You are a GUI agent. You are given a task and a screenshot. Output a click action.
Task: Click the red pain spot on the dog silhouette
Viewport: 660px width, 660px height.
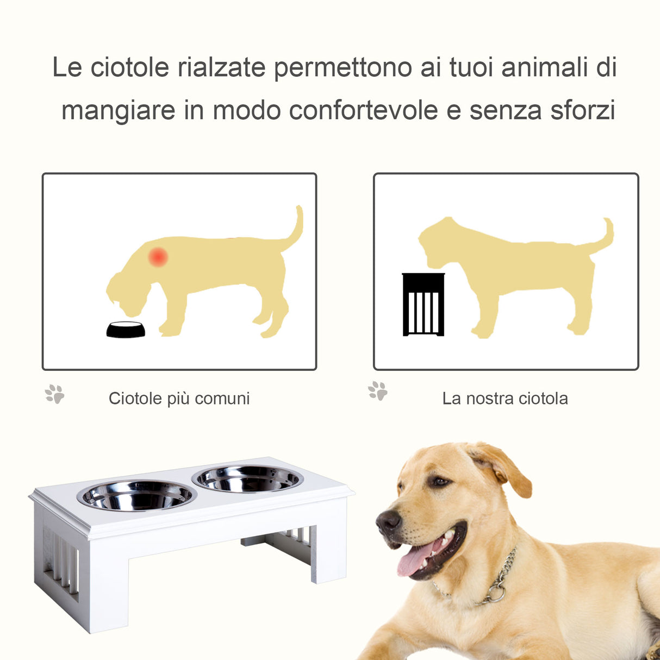click(x=158, y=257)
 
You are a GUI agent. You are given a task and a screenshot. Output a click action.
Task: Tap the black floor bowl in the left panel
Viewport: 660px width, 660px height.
click(x=126, y=330)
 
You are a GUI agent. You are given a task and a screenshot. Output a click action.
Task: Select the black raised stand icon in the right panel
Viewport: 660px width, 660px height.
click(x=423, y=305)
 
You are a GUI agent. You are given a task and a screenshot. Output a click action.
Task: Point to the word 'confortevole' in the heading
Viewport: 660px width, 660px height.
click(x=363, y=110)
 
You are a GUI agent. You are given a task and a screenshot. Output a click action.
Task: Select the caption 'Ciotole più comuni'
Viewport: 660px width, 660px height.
click(x=179, y=399)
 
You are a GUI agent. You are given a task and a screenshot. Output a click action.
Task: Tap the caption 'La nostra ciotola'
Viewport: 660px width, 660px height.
click(x=505, y=399)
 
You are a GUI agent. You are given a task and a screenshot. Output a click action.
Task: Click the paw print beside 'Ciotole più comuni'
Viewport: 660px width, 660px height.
click(x=54, y=394)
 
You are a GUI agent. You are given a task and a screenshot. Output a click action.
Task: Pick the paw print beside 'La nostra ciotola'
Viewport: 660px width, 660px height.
click(x=378, y=391)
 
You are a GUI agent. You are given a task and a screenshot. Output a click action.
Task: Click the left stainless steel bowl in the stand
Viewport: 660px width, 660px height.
click(x=136, y=495)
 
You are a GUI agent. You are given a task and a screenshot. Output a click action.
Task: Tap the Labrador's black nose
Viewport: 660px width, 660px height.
click(x=388, y=522)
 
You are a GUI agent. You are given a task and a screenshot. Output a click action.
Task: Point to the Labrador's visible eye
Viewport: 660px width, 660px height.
click(x=438, y=481)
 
